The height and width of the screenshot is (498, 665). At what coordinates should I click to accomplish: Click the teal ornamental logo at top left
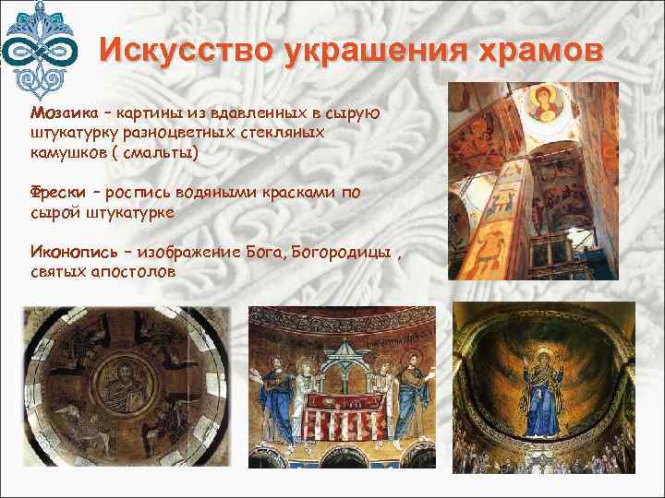point(40,46)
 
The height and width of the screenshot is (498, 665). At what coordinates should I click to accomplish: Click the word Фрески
point(57,192)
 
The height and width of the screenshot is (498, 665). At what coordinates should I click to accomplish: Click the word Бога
point(267,254)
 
